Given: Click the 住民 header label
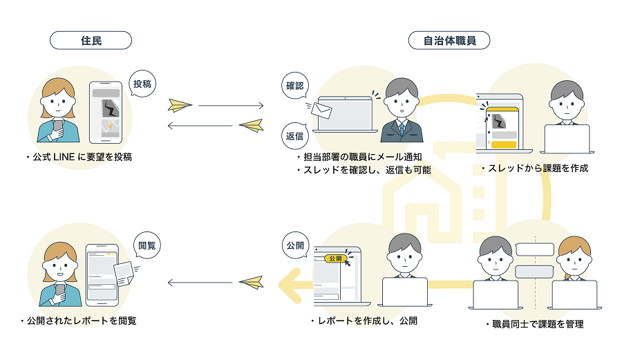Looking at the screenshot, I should click(x=91, y=40).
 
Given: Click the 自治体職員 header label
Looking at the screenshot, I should click(x=449, y=40).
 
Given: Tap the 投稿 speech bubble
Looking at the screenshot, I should click(x=142, y=84).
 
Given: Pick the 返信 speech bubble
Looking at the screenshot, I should click(x=295, y=135).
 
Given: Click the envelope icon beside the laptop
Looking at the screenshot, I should click(x=321, y=109).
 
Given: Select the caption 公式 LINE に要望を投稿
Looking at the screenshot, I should click(x=78, y=158).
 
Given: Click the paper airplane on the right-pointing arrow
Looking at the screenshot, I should click(x=180, y=106).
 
